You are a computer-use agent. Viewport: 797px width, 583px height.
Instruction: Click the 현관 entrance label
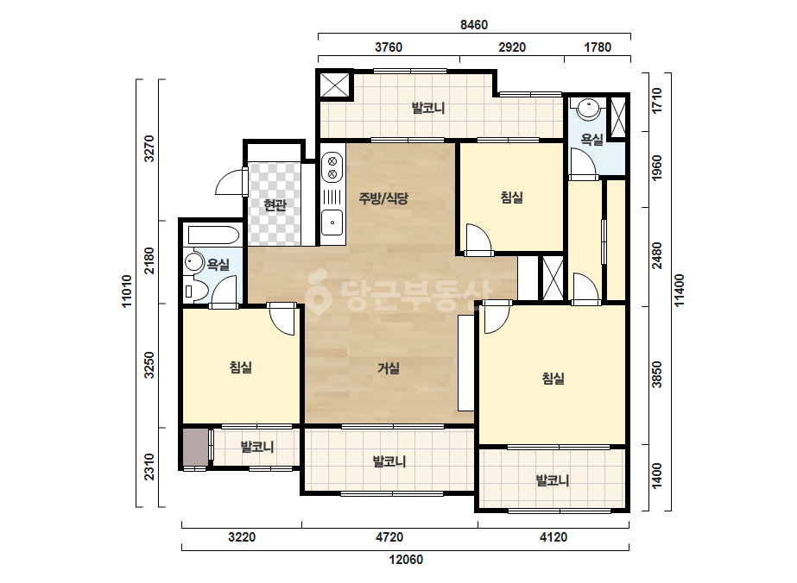[x=275, y=205]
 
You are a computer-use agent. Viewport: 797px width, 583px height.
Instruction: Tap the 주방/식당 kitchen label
[x=383, y=198]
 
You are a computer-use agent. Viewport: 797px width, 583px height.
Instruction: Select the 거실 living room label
[x=389, y=368]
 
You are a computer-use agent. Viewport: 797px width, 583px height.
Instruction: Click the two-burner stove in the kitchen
[x=332, y=168]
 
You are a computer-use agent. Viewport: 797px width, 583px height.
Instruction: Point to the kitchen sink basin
[x=332, y=223]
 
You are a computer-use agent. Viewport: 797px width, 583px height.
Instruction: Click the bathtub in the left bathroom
[x=213, y=235]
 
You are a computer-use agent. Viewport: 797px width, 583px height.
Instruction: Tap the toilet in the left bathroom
[x=194, y=291]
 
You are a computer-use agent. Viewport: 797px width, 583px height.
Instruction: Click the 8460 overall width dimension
[x=474, y=25]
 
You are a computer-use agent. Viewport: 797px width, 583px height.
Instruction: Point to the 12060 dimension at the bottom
[x=406, y=560]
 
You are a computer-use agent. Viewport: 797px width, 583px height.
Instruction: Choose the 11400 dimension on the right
[x=680, y=291]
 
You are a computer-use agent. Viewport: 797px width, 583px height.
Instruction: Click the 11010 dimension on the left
[x=127, y=291]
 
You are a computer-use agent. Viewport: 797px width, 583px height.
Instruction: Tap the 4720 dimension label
[x=389, y=537]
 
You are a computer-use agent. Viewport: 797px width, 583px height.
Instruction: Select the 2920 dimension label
[x=512, y=47]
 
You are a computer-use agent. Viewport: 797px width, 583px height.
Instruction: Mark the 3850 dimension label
[x=657, y=375]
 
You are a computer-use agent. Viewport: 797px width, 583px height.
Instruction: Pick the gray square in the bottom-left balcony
[x=196, y=448]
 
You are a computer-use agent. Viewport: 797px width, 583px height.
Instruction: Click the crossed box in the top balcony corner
[x=334, y=84]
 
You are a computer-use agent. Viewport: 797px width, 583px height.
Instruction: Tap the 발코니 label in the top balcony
[x=428, y=108]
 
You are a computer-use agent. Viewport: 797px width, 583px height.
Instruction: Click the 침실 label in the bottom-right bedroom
[x=553, y=379]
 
